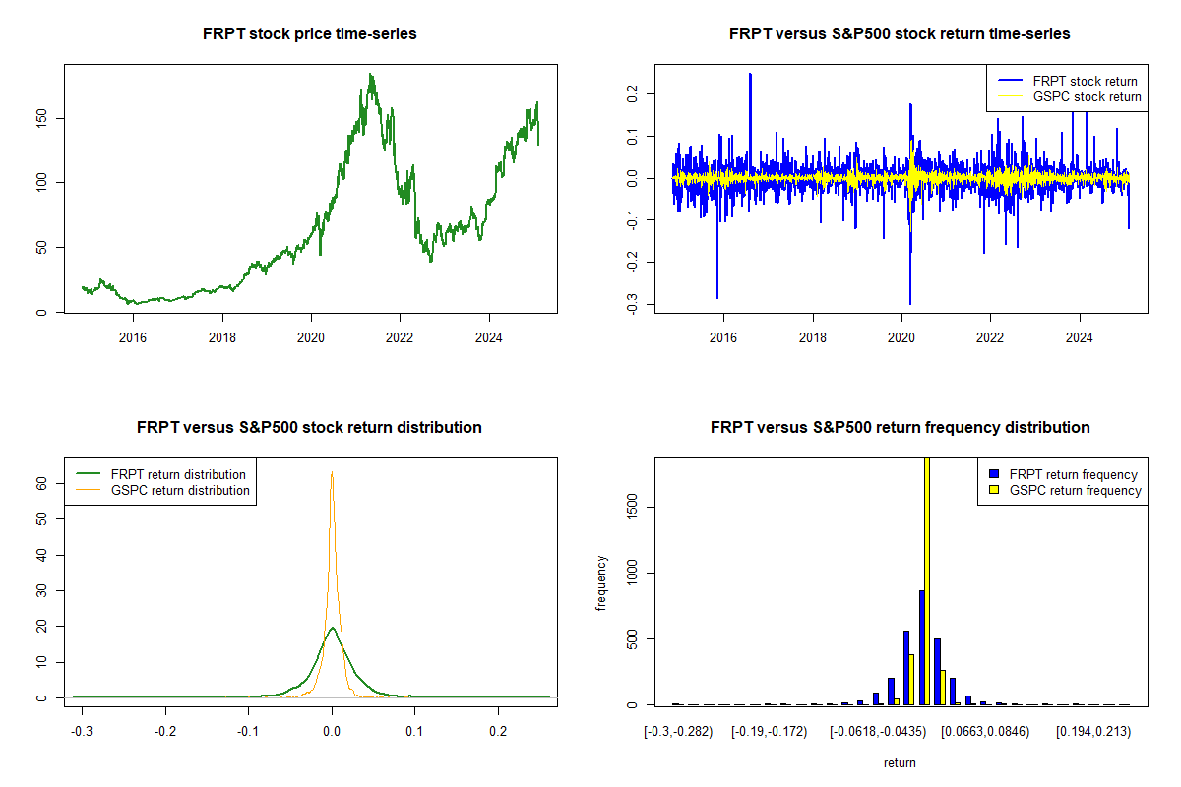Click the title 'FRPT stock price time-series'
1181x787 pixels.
tap(310, 34)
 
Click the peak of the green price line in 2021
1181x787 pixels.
tap(371, 75)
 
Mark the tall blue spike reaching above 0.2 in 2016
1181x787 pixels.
tap(750, 75)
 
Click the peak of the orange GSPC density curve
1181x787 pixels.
tap(332, 472)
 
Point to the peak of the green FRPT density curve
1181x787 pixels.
tap(333, 628)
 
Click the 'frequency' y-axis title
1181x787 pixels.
tap(601, 583)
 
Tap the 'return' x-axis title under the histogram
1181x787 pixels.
tap(900, 762)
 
